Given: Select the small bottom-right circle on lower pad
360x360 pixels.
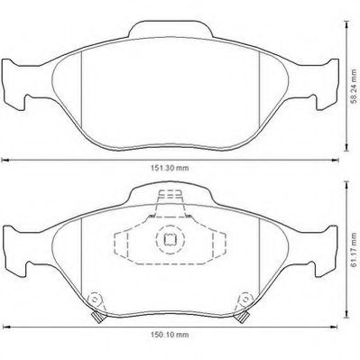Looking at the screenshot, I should coord(244,301).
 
